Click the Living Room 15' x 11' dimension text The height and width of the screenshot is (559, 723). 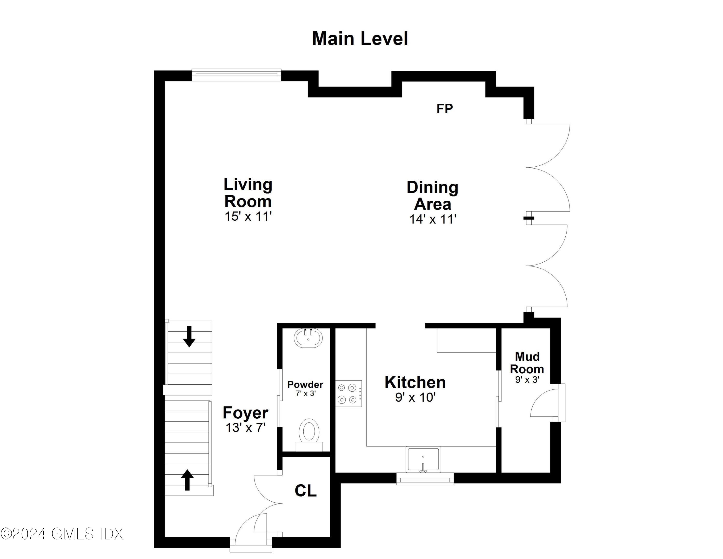click(248, 217)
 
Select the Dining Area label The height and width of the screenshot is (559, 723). click(432, 195)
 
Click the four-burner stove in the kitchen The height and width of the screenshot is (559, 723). click(349, 393)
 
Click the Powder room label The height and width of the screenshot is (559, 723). click(305, 384)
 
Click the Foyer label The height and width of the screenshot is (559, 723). click(245, 413)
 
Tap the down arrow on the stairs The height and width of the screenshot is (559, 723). click(189, 336)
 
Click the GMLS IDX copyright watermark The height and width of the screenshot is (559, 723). click(62, 533)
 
